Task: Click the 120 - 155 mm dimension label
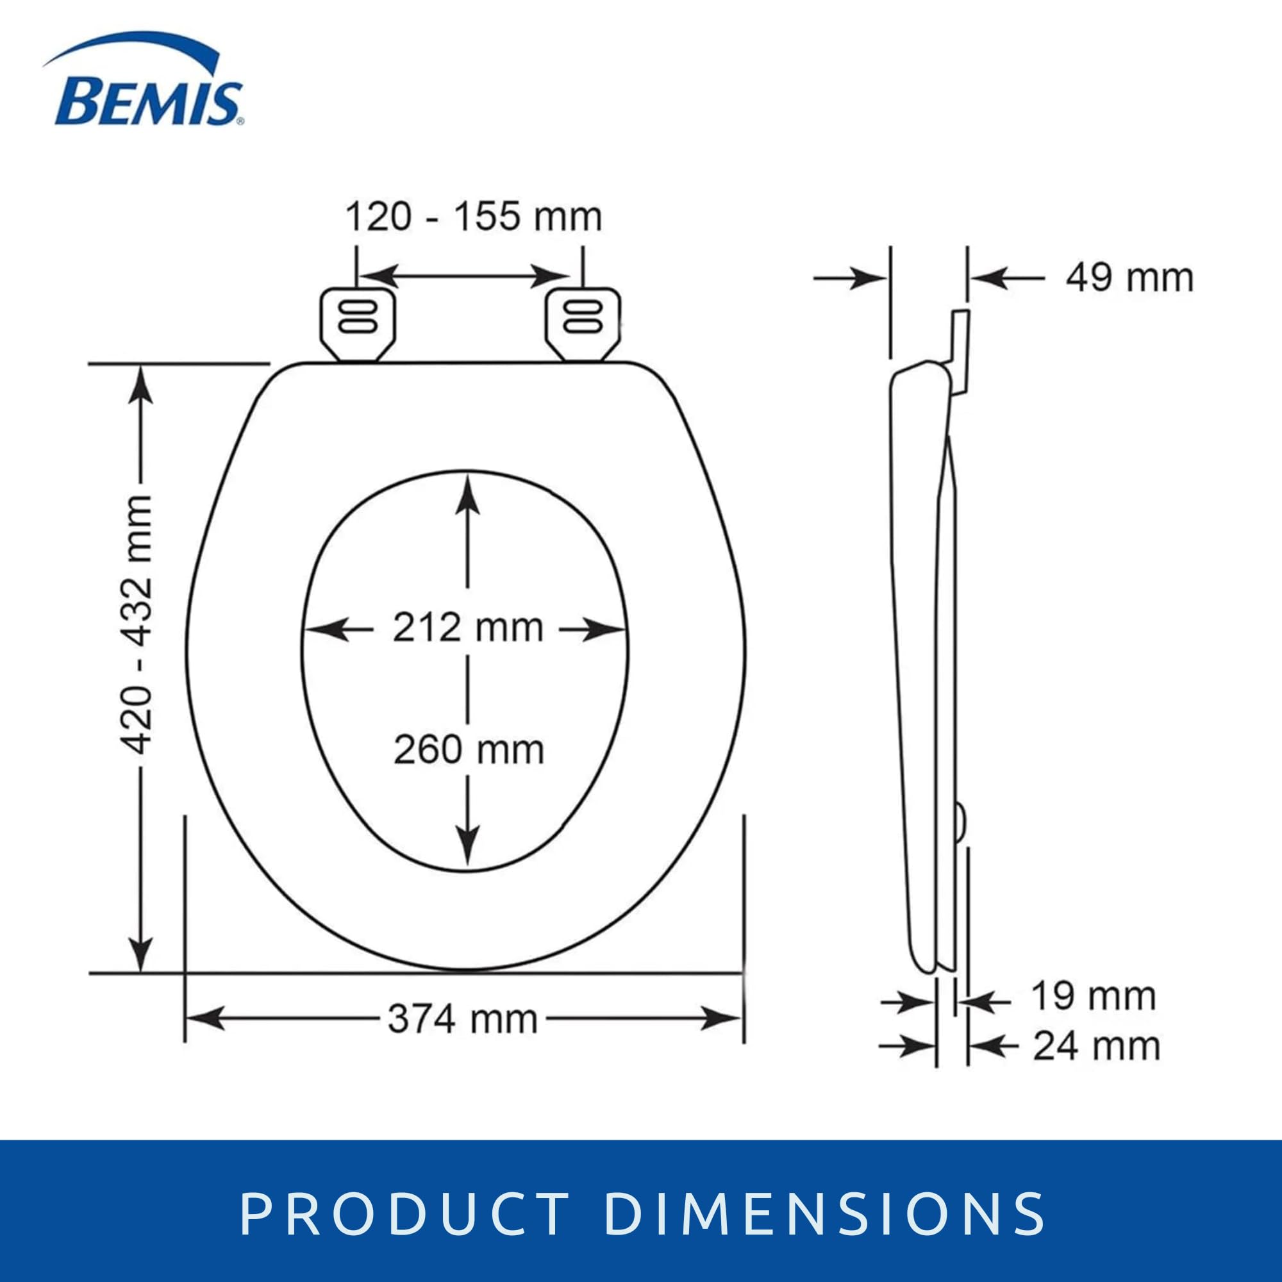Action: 474,218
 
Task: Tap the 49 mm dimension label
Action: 1129,279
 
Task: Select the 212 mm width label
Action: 469,627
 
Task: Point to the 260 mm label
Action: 469,751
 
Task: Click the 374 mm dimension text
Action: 463,1019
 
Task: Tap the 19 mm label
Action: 1093,996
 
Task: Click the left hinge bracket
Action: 358,324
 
